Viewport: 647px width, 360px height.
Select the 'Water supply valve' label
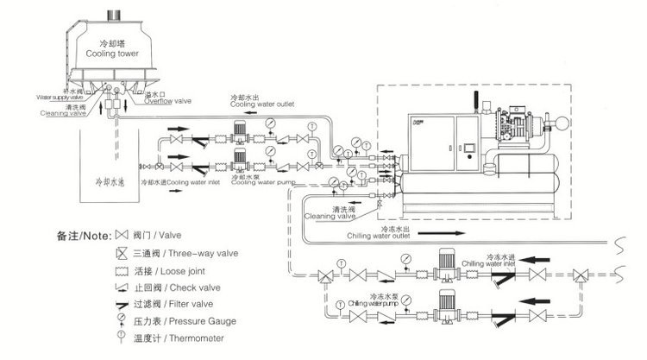click(x=59, y=97)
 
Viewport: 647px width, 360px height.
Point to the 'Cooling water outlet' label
click(x=263, y=104)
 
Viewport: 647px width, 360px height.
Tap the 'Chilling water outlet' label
click(x=381, y=235)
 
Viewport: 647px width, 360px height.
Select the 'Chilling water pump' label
click(x=376, y=303)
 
